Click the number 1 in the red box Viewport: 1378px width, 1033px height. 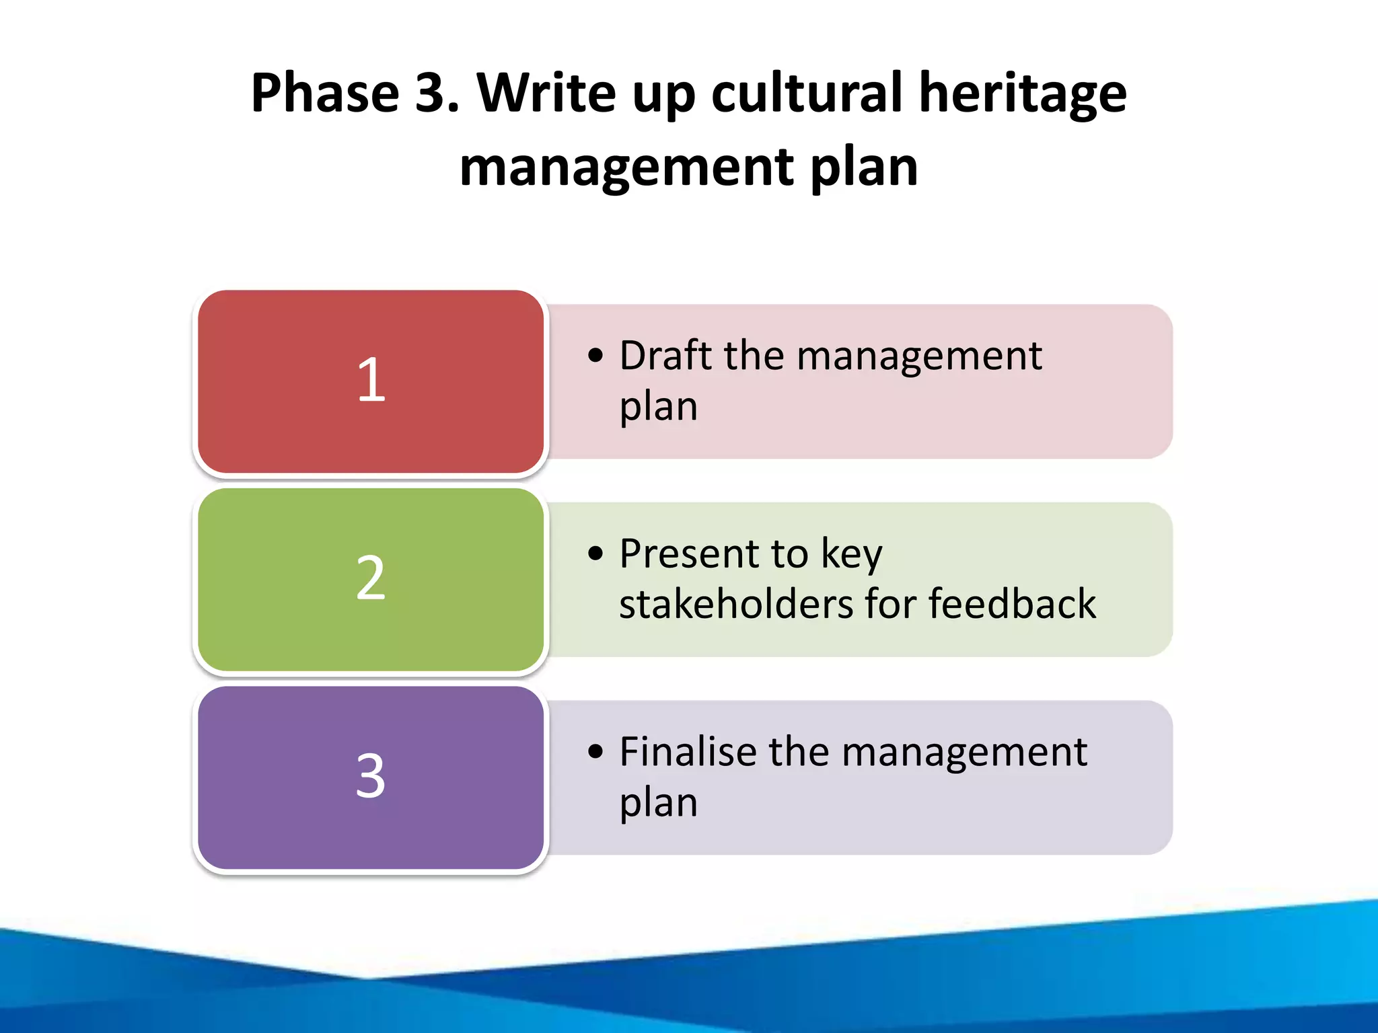(x=371, y=380)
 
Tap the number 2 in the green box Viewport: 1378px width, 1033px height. (x=371, y=578)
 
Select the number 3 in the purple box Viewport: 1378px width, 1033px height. (x=371, y=776)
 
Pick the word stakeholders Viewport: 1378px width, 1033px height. (x=737, y=603)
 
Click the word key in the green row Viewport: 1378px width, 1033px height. (x=851, y=556)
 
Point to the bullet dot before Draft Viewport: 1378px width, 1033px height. (x=595, y=356)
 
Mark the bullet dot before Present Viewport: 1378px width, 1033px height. (x=595, y=554)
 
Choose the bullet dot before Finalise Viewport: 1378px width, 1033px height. (x=595, y=752)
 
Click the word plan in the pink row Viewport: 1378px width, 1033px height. (x=658, y=408)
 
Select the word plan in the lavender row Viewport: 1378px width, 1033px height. (x=658, y=804)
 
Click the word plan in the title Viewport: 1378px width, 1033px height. (x=864, y=168)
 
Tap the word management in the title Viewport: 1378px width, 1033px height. (x=626, y=168)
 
